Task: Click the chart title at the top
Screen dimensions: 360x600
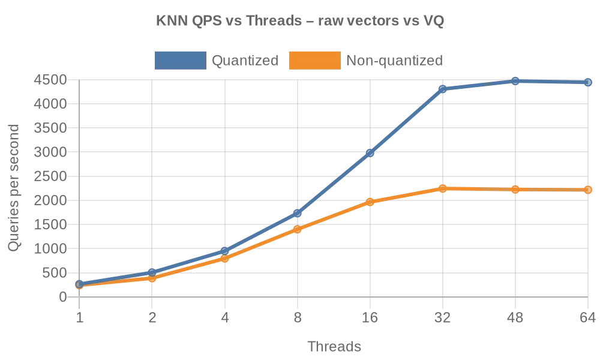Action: pyautogui.click(x=300, y=23)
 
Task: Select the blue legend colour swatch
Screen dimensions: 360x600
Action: pyautogui.click(x=178, y=60)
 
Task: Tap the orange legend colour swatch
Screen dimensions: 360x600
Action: pyautogui.click(x=314, y=60)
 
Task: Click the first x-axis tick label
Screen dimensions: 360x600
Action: pyautogui.click(x=80, y=319)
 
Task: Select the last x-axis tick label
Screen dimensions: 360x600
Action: pyautogui.click(x=587, y=319)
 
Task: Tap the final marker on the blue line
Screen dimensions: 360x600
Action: pyautogui.click(x=588, y=82)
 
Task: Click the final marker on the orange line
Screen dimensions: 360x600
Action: pyautogui.click(x=588, y=190)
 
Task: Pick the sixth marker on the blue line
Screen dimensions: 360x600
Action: pyautogui.click(x=442, y=89)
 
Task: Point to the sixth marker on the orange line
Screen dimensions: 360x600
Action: pyautogui.click(x=442, y=188)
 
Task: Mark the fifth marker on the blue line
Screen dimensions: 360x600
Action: pyautogui.click(x=370, y=152)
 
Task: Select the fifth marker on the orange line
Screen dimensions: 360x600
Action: pyautogui.click(x=370, y=201)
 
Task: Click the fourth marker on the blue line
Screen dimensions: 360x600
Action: pyautogui.click(x=298, y=212)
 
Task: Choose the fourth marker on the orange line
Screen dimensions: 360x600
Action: pyautogui.click(x=298, y=229)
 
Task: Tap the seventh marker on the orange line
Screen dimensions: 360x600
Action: pyautogui.click(x=515, y=190)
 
